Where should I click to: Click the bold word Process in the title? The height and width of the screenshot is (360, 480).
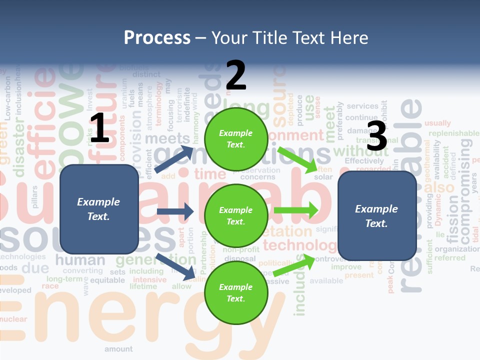[157, 37]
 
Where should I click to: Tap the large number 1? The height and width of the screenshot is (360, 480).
[99, 128]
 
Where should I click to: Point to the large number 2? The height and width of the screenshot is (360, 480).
[236, 75]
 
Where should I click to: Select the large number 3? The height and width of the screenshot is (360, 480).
[377, 136]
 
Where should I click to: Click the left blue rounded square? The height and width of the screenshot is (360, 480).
[99, 209]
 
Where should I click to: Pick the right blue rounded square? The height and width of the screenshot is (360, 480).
[377, 215]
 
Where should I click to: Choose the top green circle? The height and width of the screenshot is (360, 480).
[235, 139]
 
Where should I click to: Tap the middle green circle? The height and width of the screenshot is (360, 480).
[235, 215]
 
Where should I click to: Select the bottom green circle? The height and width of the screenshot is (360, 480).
[235, 292]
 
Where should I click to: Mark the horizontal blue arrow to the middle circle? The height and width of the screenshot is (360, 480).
[175, 211]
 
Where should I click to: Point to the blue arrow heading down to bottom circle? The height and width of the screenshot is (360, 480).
[175, 266]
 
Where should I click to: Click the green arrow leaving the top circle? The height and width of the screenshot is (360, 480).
[297, 159]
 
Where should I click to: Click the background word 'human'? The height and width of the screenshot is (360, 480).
[80, 260]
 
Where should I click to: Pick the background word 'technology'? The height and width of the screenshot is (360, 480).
[300, 245]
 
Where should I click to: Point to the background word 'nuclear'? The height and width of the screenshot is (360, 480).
[13, 319]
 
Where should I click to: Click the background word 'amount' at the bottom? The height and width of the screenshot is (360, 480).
[118, 349]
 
